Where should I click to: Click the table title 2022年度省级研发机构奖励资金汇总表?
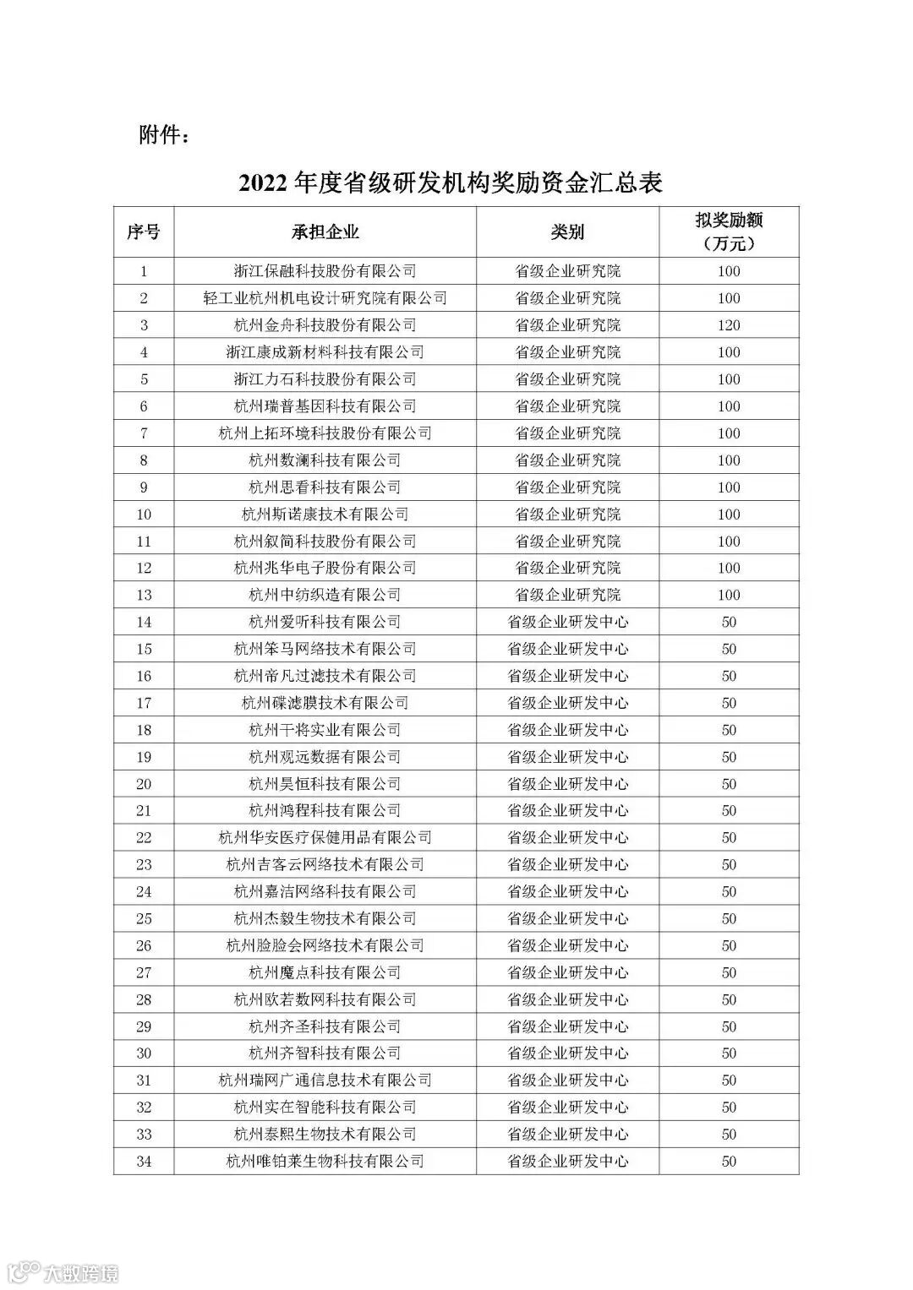(451, 183)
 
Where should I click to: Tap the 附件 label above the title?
(165, 135)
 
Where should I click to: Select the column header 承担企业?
(325, 232)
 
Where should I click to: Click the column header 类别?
(567, 232)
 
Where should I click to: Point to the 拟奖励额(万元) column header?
(729, 232)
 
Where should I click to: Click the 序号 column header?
(144, 232)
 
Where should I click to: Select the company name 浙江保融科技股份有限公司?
(325, 271)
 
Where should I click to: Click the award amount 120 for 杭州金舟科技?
(729, 325)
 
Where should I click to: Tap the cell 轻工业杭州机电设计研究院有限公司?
(325, 298)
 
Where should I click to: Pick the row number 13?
(144, 595)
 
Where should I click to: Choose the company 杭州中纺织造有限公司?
(325, 595)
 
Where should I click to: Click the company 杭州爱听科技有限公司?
(325, 622)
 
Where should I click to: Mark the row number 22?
(144, 837)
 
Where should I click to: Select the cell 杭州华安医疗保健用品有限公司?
(325, 837)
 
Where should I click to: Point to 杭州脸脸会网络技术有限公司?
(325, 945)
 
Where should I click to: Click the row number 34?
(144, 1161)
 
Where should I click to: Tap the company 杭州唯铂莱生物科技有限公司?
(325, 1161)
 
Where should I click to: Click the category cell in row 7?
(567, 433)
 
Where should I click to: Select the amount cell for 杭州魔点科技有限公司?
(729, 972)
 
